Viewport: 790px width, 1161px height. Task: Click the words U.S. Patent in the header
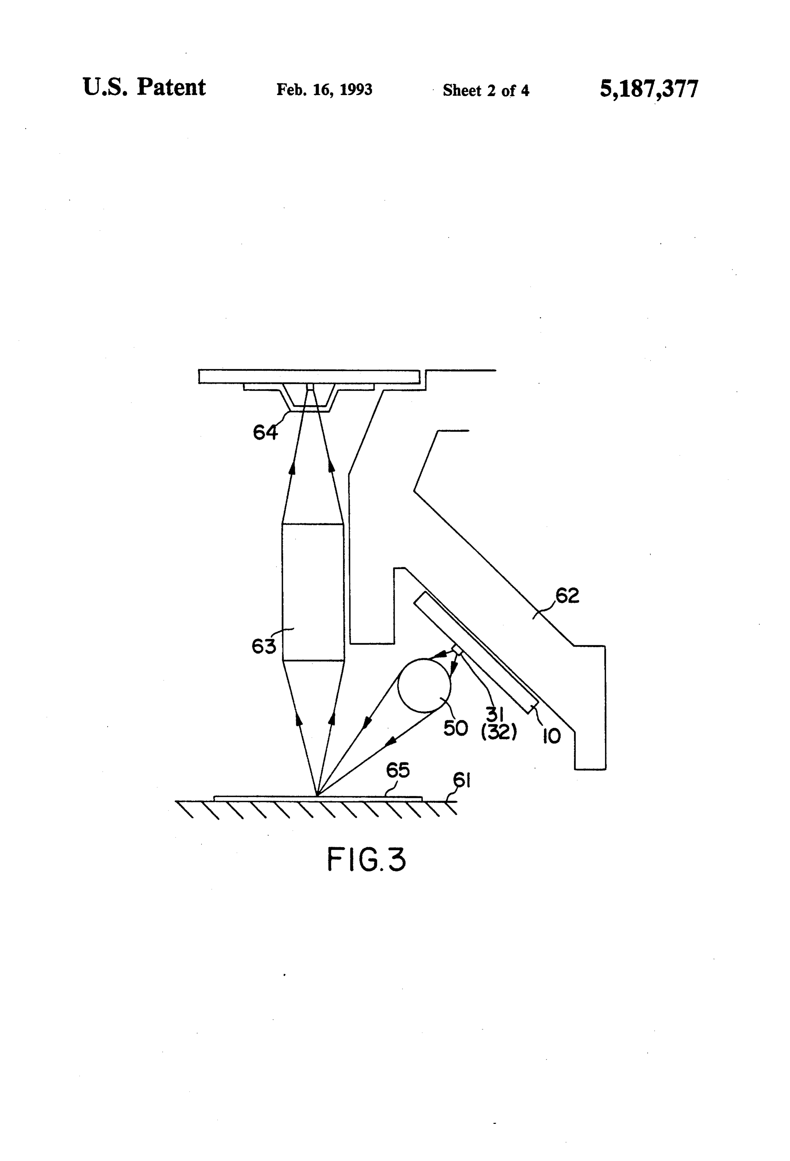144,88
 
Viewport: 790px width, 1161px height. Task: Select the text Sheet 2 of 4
486,90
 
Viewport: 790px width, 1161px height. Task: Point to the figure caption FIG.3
366,860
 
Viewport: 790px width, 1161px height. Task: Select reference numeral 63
264,647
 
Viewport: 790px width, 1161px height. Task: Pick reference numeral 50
455,728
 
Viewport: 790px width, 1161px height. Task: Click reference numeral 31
495,716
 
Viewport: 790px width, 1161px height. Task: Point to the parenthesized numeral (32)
499,733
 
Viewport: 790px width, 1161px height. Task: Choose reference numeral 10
551,737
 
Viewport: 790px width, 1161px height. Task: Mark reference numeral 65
398,770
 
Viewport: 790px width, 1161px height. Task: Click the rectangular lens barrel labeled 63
313,592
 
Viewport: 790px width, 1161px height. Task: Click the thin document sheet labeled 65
318,798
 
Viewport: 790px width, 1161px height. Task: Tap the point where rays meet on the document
317,795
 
